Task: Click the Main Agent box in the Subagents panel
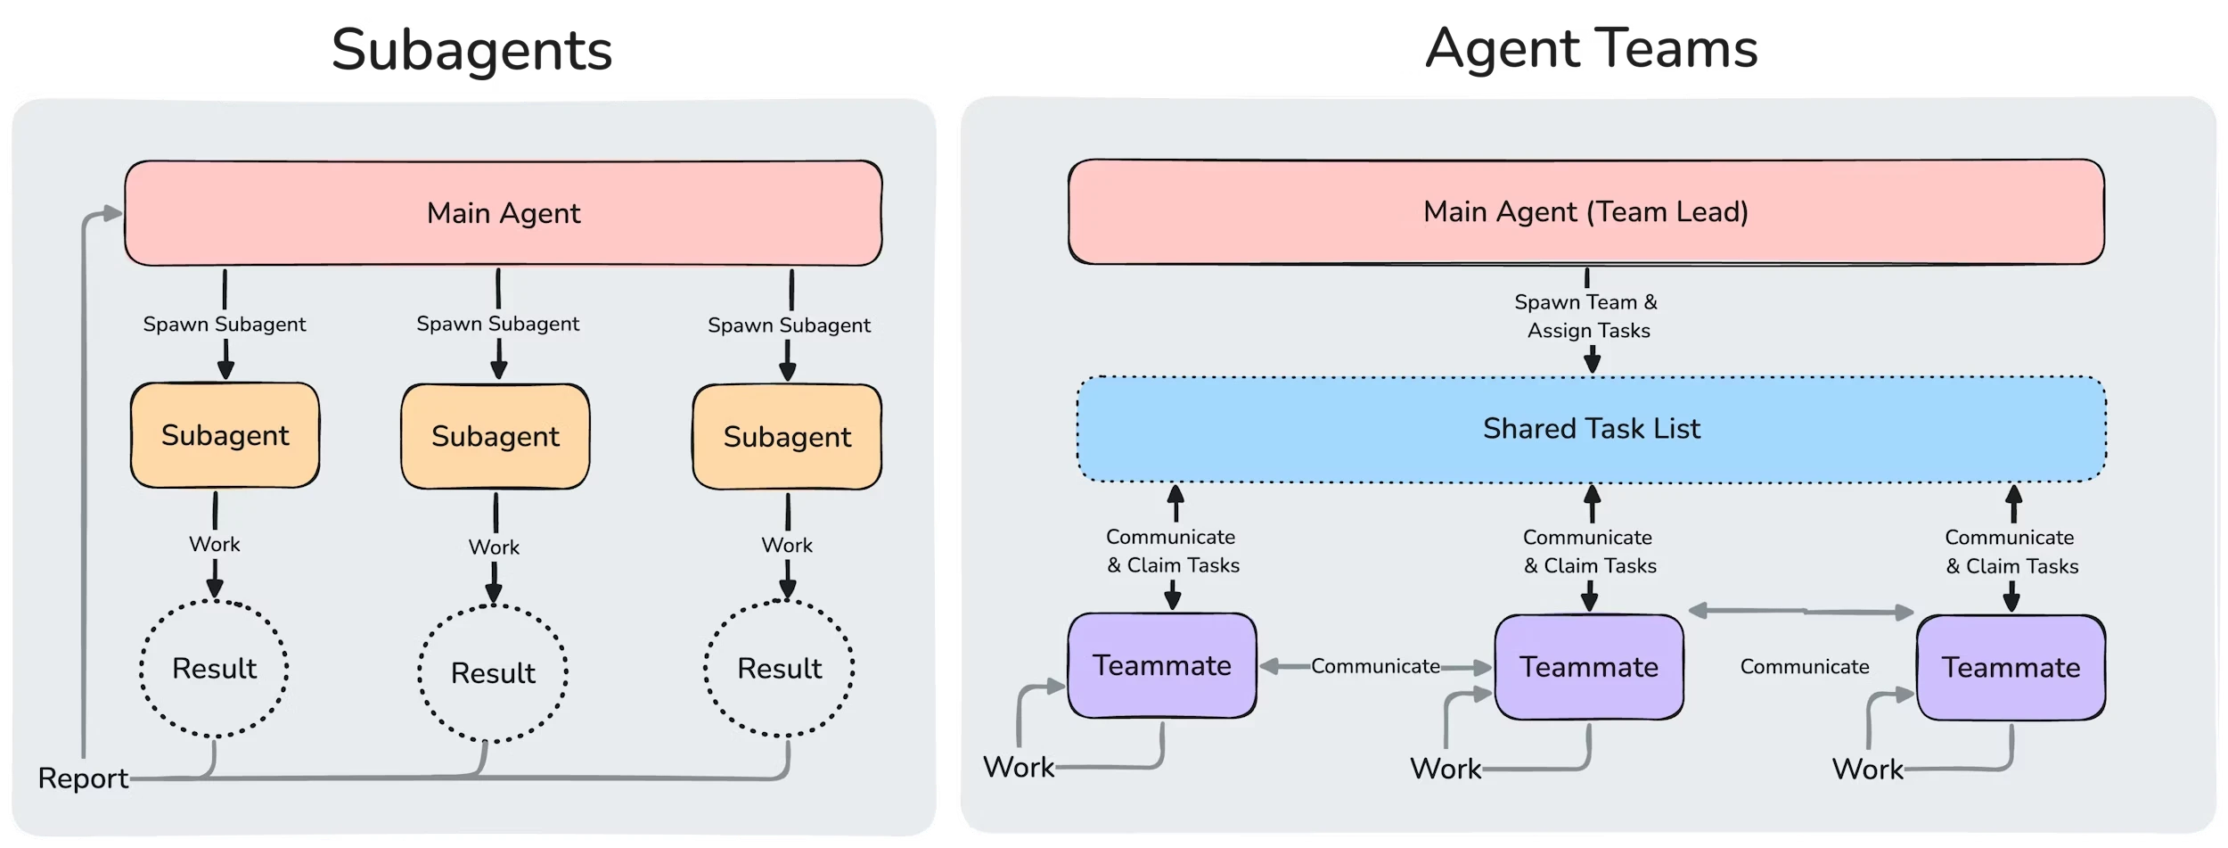point(503,213)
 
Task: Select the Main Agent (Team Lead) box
point(1585,212)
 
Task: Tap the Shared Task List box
point(1591,429)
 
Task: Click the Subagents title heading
point(471,51)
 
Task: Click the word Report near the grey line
point(83,778)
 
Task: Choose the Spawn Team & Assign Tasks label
point(1587,317)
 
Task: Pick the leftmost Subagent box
point(225,435)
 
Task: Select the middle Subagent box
point(495,436)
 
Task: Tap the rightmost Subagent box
point(787,437)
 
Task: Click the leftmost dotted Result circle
point(214,669)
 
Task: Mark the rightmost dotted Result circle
point(779,669)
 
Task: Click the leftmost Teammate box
point(1162,666)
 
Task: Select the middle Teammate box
point(1589,667)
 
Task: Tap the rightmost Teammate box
point(2011,668)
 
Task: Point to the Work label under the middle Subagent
point(494,547)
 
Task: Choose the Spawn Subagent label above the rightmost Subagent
point(789,325)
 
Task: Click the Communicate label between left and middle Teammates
point(1375,666)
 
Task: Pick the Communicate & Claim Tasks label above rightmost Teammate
point(2011,552)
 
